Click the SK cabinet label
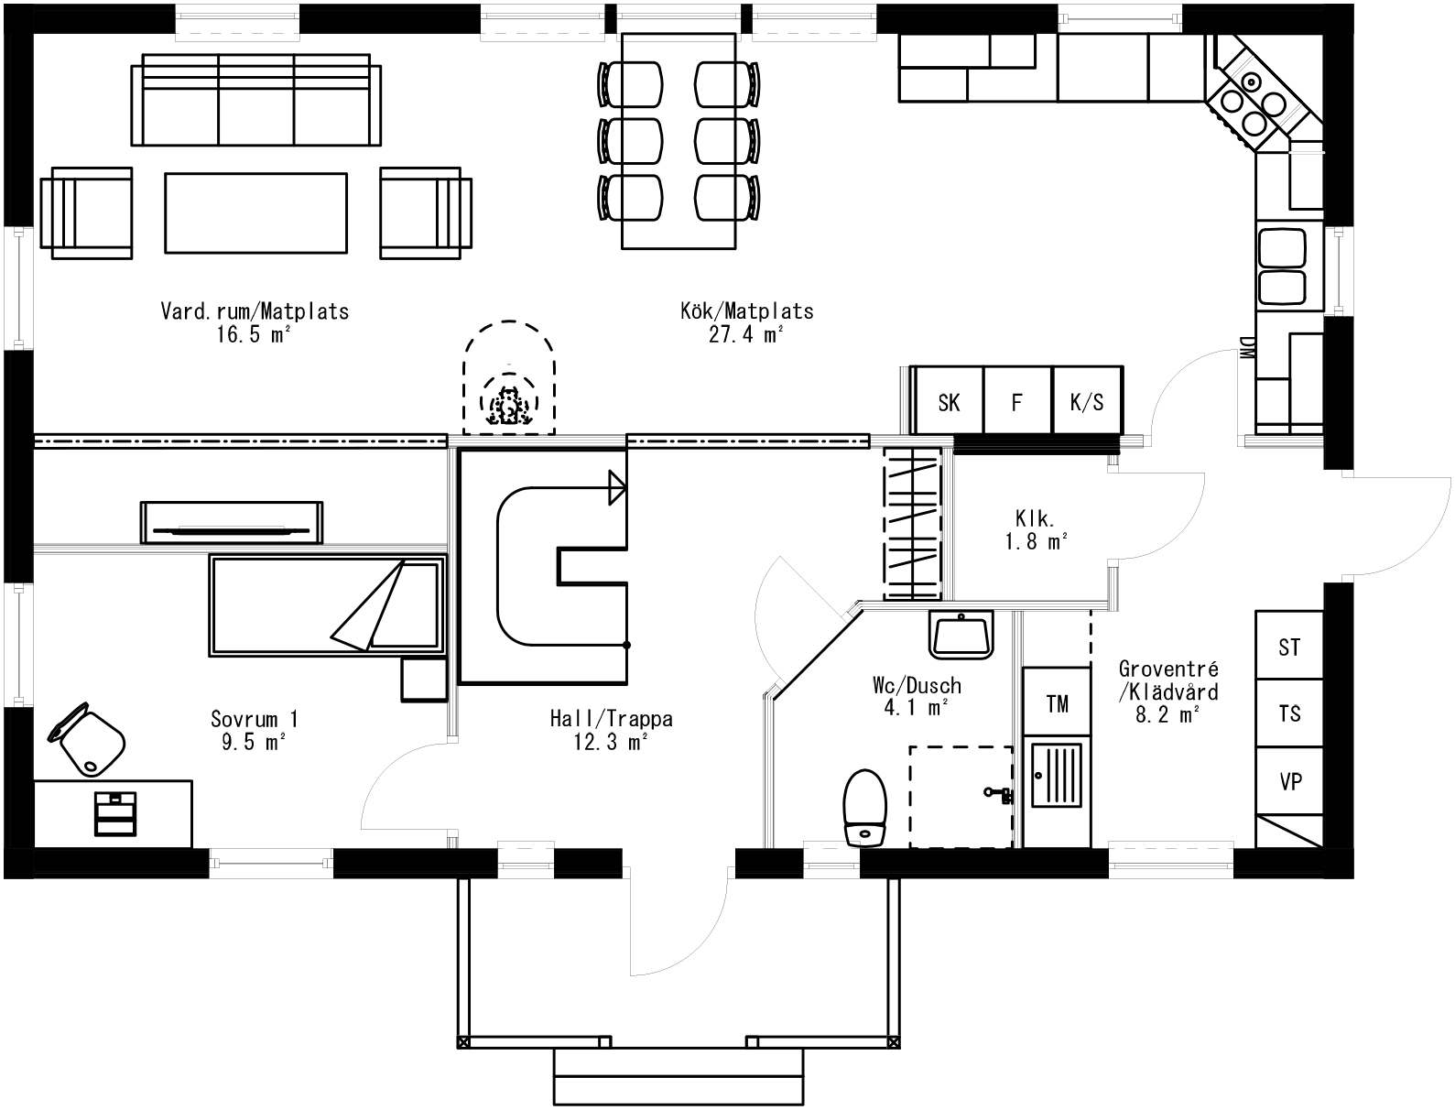point(949,402)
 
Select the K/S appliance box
point(1087,402)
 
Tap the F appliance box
point(1016,402)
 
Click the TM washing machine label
point(1057,703)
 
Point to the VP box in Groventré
point(1290,782)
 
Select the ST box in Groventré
point(1289,647)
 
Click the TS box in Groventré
point(1289,713)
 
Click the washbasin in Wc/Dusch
point(961,635)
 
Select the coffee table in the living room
point(255,213)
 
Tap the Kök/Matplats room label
point(746,311)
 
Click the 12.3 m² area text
point(611,742)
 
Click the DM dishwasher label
point(1245,349)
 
